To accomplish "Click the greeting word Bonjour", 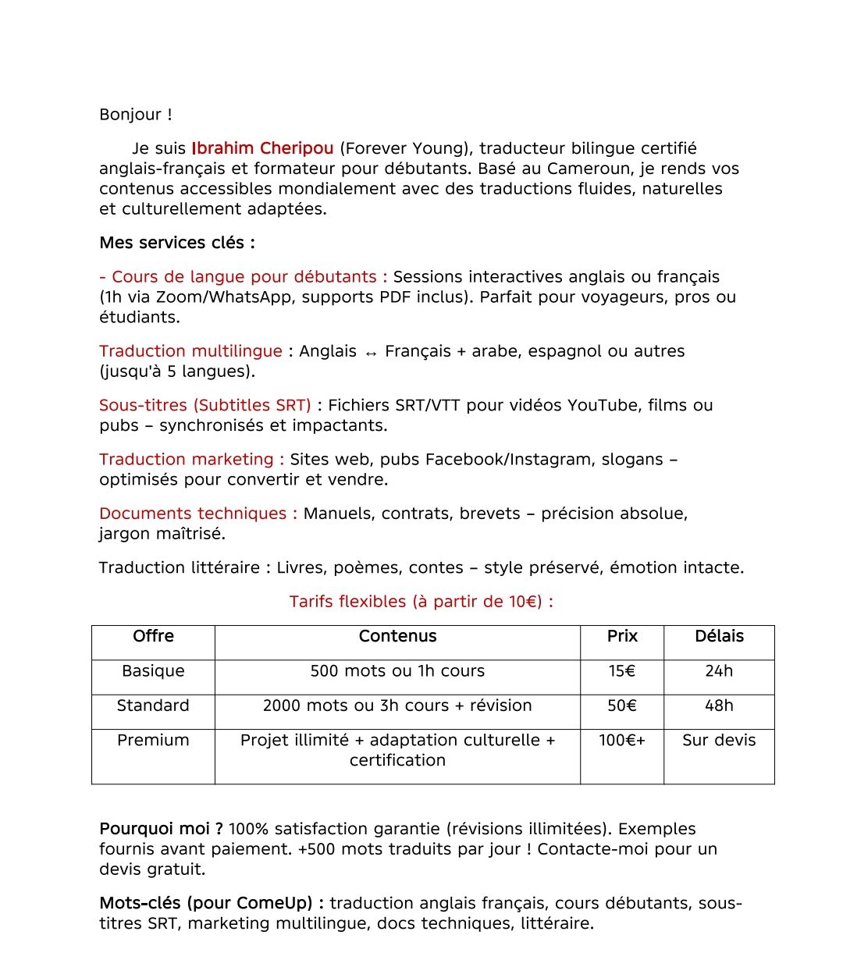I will [x=130, y=115].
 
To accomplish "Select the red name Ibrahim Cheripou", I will [x=262, y=148].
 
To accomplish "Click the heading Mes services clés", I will [x=176, y=243].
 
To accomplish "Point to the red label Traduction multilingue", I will [x=190, y=351].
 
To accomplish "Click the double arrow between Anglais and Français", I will [x=371, y=353].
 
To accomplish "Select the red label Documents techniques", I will [x=197, y=514].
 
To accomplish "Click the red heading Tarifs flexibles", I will [x=421, y=602].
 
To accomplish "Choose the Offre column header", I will [x=153, y=636].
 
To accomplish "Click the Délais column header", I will [x=719, y=636].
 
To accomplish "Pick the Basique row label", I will [x=153, y=671].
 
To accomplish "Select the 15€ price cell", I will [x=622, y=671].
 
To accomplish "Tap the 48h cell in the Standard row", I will [x=719, y=706].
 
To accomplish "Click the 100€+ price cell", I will [x=622, y=740].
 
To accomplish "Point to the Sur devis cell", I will [x=719, y=740].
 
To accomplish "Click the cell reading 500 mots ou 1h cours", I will [x=397, y=671].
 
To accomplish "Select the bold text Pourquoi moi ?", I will [x=161, y=829].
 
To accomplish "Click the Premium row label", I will [x=153, y=740].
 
